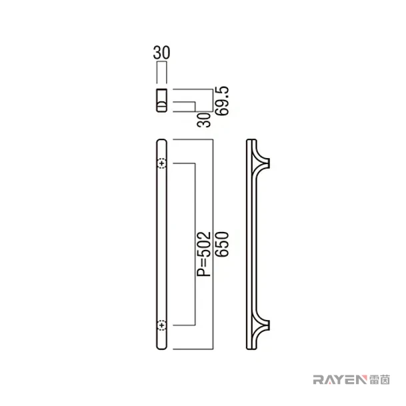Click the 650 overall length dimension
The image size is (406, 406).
coord(223,244)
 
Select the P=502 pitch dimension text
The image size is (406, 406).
coord(204,254)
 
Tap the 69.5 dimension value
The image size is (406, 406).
coord(223,101)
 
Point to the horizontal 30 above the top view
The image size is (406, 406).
coord(161,53)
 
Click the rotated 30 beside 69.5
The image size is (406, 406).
coord(204,120)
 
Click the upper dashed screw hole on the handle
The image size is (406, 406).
coord(162,163)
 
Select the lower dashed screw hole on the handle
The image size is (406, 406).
coord(162,325)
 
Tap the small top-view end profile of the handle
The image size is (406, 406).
coord(161,100)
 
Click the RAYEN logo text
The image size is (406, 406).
coord(340,380)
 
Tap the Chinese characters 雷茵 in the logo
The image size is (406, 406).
coord(379,380)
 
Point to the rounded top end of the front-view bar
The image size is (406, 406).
coord(162,141)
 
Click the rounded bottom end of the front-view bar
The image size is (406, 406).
coord(162,347)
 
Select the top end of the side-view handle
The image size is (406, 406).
coord(251,141)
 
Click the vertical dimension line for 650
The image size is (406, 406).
coord(213,245)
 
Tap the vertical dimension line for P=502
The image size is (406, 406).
coord(195,244)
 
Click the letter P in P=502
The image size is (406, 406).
coord(204,273)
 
